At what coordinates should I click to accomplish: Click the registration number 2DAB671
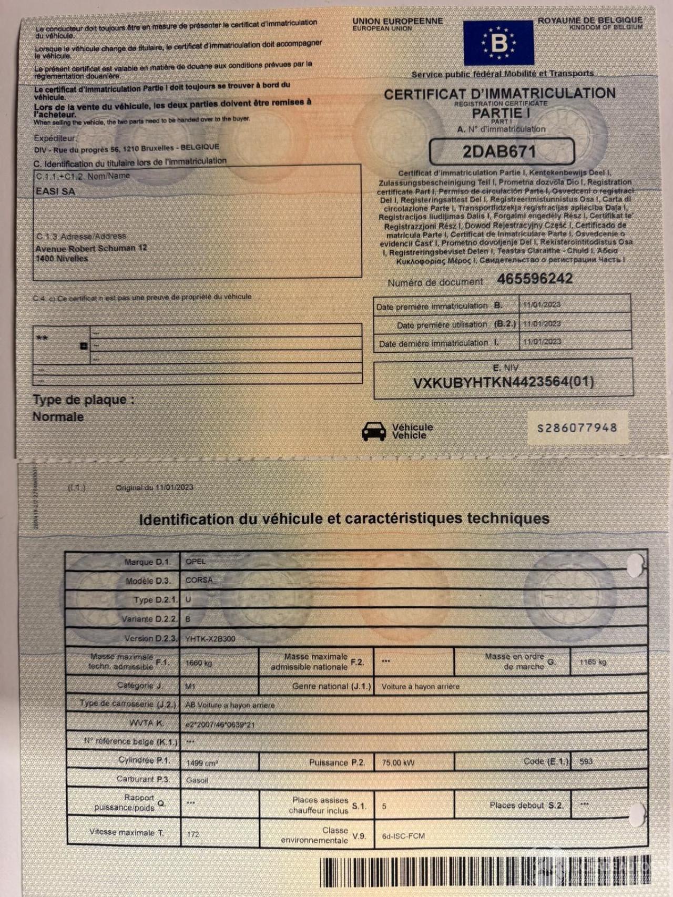499,152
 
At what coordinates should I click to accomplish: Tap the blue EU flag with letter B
498,43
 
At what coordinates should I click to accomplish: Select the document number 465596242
535,279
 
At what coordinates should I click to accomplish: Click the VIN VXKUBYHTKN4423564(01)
503,382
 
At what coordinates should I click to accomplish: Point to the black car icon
374,431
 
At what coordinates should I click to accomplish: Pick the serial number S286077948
577,428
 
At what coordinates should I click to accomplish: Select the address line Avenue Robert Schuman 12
91,248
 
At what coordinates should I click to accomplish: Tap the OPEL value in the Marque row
196,562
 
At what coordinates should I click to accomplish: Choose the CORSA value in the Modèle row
199,580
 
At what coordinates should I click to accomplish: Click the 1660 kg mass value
199,663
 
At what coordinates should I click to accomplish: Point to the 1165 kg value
593,662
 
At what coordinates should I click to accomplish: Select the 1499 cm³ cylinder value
202,762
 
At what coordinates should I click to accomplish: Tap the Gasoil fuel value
197,780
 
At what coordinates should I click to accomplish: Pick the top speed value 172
193,834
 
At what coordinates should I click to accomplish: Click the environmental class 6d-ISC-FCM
403,835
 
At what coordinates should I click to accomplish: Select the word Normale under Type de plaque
58,417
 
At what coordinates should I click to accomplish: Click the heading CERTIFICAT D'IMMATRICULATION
499,94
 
